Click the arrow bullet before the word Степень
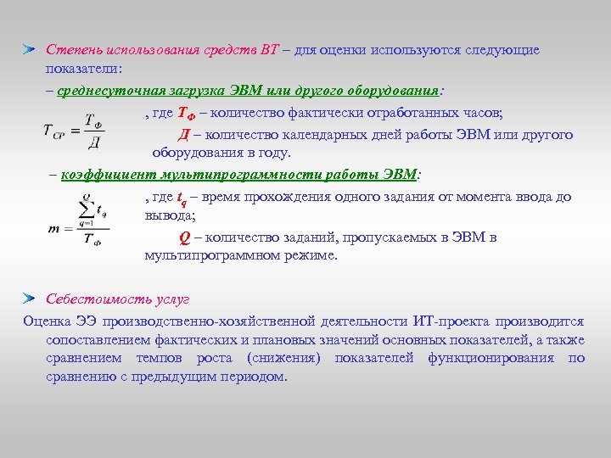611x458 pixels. click(x=30, y=50)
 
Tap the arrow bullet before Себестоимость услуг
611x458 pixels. click(x=30, y=299)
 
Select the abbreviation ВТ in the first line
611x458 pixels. click(x=269, y=50)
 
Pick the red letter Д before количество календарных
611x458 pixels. click(x=183, y=135)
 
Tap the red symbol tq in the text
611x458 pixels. click(x=181, y=198)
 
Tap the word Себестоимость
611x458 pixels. click(x=95, y=300)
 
